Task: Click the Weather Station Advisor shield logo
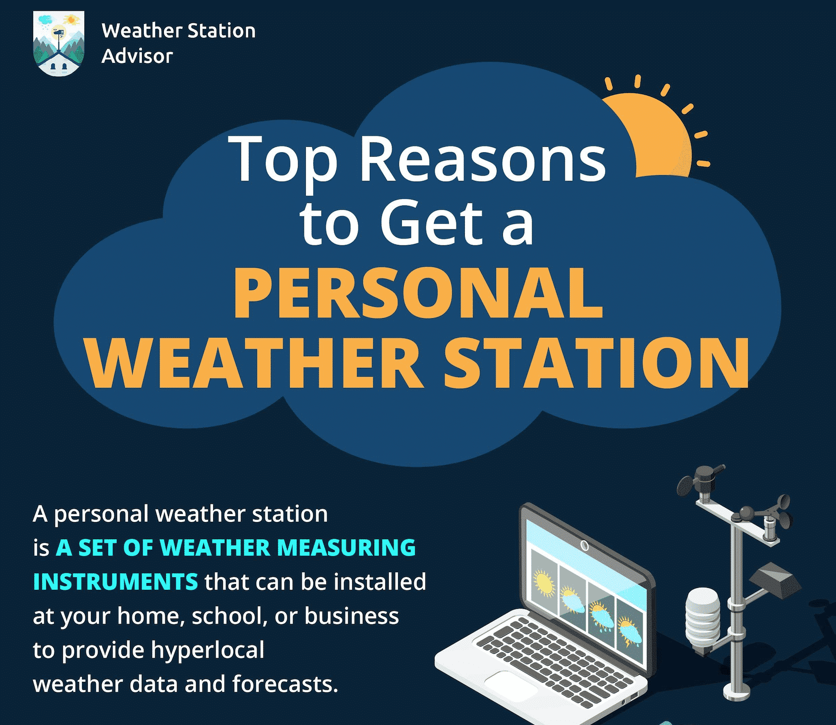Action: tap(59, 43)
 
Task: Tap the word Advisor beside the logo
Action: tap(137, 56)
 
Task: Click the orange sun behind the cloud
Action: tap(654, 132)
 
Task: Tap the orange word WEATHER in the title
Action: tap(254, 363)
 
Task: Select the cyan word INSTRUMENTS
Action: tap(116, 582)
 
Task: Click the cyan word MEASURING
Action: tap(346, 547)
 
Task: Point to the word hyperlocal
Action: tap(207, 650)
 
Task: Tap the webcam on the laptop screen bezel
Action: tap(584, 545)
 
